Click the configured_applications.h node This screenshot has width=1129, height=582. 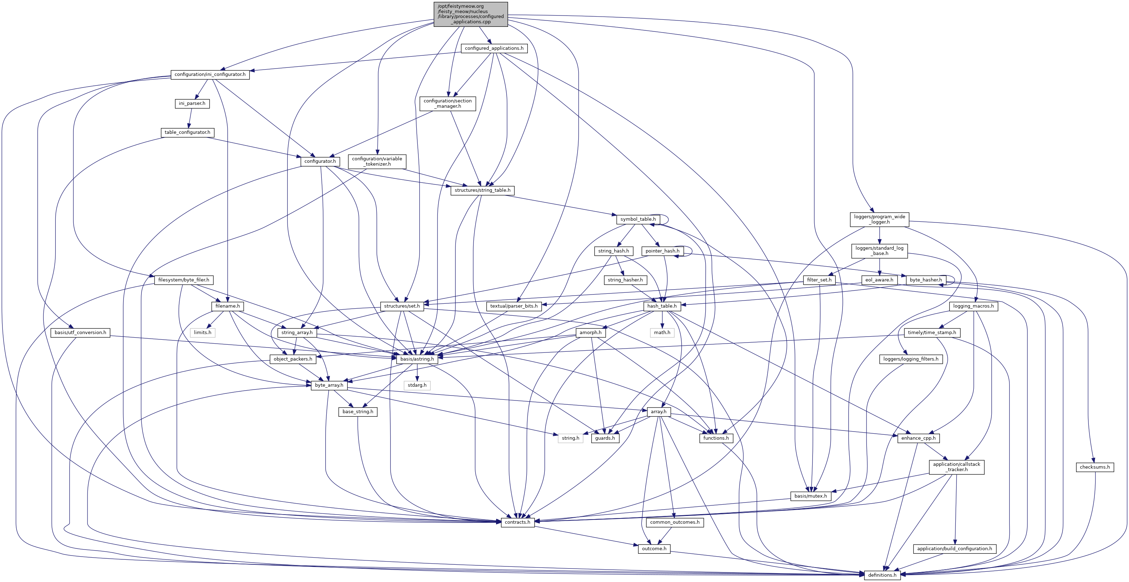click(494, 48)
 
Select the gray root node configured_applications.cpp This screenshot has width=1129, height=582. click(471, 14)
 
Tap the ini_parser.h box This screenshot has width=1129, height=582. click(192, 103)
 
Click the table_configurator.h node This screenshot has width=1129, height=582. click(187, 132)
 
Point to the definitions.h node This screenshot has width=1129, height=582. click(882, 575)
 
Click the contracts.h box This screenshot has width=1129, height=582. click(518, 522)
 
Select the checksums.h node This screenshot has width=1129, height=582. click(1094, 467)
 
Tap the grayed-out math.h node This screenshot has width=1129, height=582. click(662, 332)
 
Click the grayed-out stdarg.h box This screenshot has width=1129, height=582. click(417, 385)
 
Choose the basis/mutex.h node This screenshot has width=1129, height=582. click(810, 496)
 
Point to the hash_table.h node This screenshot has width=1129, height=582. click(662, 306)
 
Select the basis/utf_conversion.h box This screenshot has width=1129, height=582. click(80, 332)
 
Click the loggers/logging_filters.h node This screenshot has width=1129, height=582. click(911, 359)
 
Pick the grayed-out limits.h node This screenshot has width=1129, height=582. click(203, 332)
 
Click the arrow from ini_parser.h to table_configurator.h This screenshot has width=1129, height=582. click(190, 118)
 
